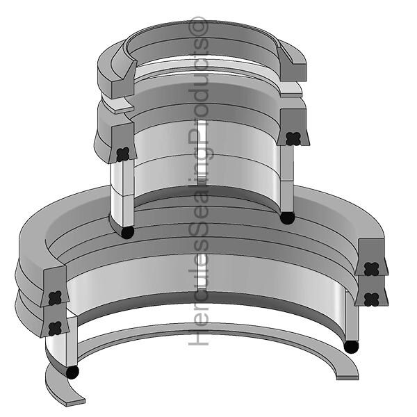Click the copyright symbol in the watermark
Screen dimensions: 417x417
coord(198,26)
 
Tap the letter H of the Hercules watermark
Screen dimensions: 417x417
coord(198,336)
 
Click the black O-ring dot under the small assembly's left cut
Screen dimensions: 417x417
coord(127,232)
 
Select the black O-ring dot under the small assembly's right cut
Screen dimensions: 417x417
coord(287,218)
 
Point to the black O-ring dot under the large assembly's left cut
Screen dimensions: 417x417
coord(72,372)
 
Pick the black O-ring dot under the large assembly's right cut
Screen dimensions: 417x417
coord(351,347)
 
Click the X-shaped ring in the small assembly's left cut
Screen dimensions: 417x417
coord(123,154)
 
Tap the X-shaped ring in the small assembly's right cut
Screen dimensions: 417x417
coord(293,138)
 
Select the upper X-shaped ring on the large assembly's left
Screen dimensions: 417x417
coord(56,297)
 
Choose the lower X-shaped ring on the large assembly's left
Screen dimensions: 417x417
coord(56,328)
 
